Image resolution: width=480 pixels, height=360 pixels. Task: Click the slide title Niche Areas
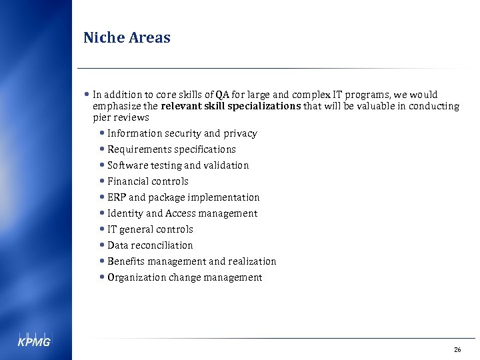click(127, 38)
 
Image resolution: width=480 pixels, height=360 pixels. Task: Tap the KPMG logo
click(33, 341)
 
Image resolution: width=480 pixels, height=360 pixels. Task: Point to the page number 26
click(457, 349)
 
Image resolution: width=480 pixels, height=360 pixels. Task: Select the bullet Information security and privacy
click(182, 133)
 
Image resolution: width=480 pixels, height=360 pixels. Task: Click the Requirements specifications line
click(171, 149)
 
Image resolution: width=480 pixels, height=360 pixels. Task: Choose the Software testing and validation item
click(178, 165)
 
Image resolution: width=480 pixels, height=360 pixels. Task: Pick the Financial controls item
click(148, 181)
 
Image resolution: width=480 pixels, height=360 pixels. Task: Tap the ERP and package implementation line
click(183, 197)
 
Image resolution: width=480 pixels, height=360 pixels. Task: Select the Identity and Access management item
click(182, 213)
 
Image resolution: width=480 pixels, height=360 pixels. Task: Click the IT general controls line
click(150, 229)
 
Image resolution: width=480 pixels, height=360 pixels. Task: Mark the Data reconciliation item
click(150, 245)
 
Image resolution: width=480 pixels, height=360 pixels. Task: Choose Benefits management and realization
click(191, 261)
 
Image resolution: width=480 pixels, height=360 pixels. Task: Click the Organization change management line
click(185, 277)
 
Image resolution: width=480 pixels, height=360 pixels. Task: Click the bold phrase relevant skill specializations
click(231, 106)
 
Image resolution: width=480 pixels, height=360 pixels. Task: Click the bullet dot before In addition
click(88, 95)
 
